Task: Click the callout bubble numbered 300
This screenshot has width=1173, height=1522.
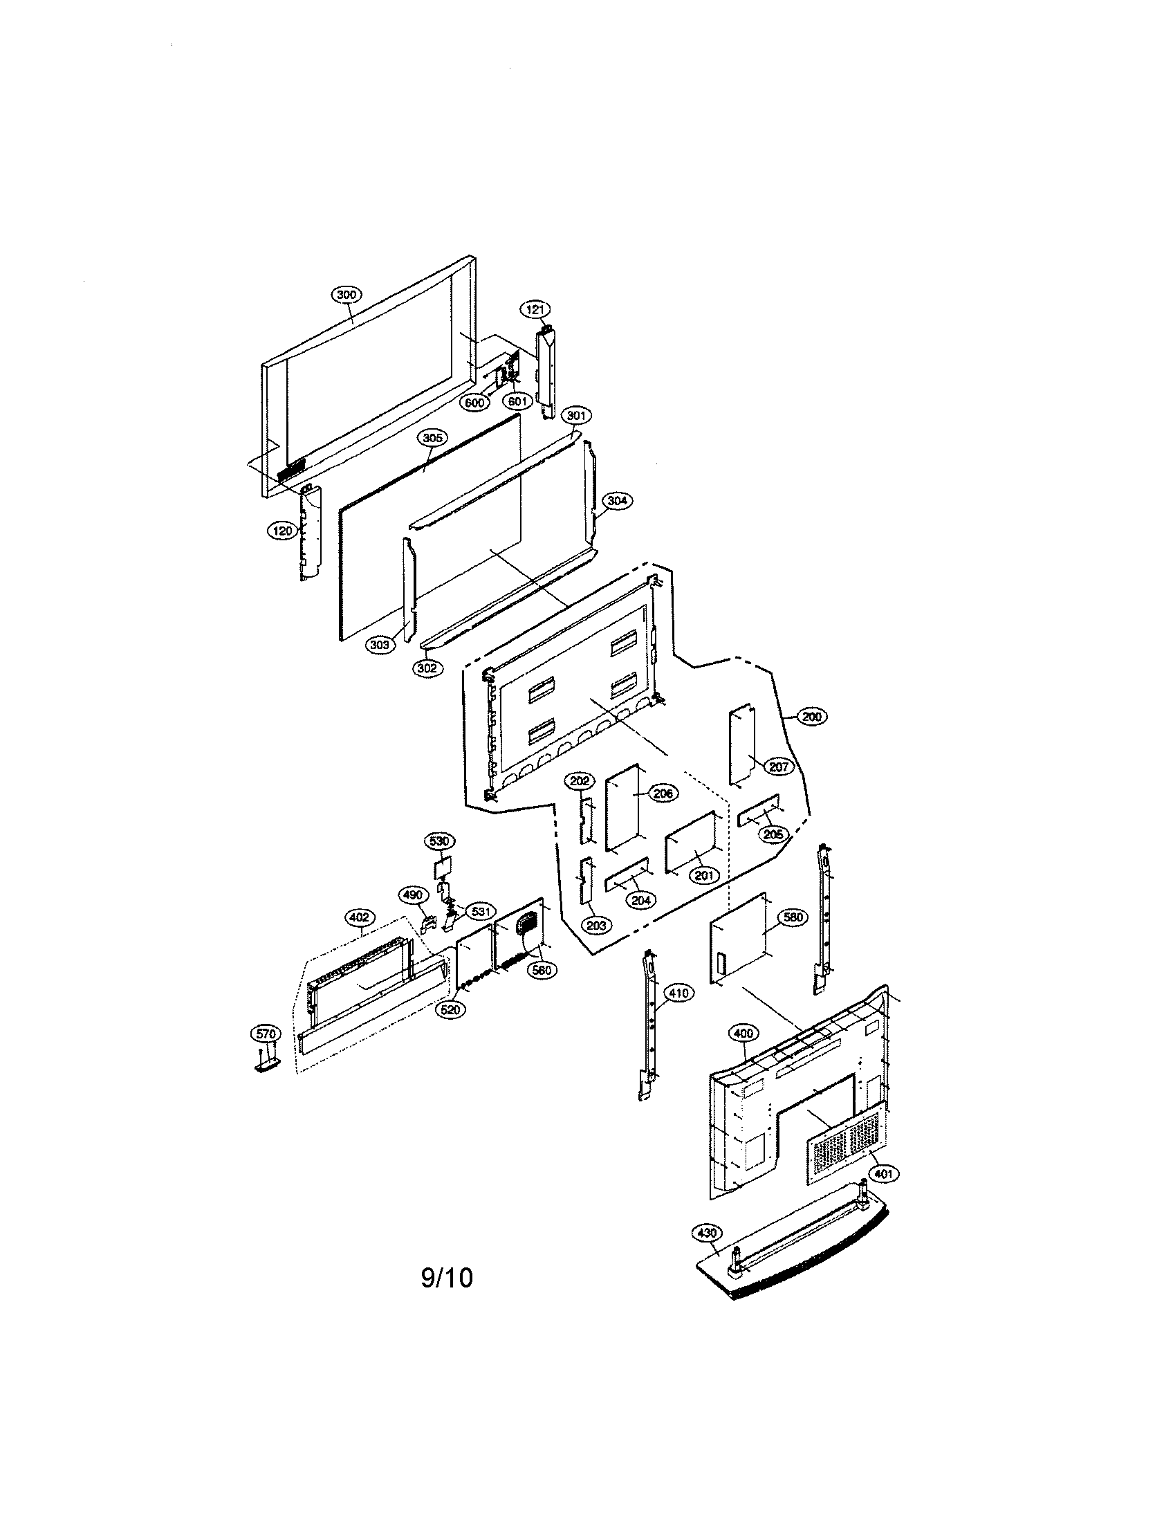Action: (x=347, y=294)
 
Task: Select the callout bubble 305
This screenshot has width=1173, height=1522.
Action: (x=432, y=438)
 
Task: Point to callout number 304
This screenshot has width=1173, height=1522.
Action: (x=616, y=500)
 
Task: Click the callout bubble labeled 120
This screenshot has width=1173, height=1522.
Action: (x=282, y=531)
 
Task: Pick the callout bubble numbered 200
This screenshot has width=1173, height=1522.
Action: (x=811, y=716)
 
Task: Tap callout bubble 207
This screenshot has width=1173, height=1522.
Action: (x=778, y=767)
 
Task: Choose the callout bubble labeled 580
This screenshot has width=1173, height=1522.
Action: (x=793, y=918)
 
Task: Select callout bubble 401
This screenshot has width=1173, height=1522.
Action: (x=883, y=1174)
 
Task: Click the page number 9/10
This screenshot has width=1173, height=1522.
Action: (x=447, y=1278)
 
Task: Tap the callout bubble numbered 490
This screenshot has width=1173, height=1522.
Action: (x=412, y=895)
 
